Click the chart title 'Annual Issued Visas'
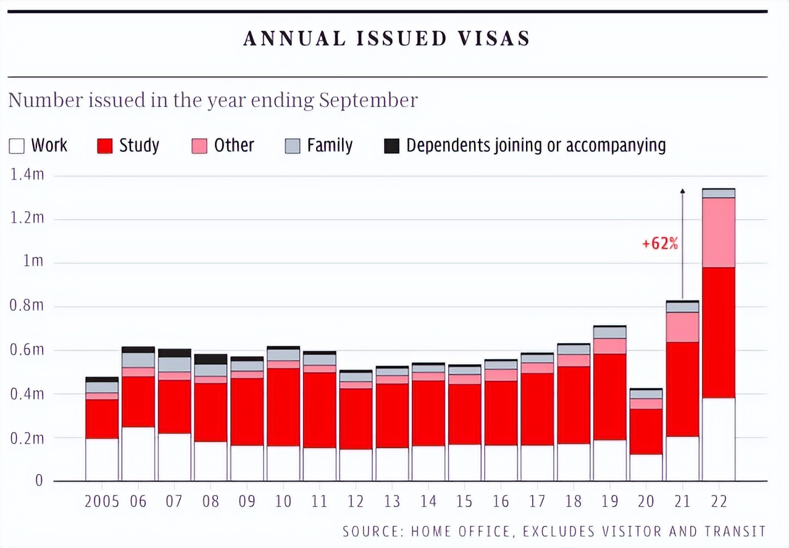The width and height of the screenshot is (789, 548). [x=386, y=39]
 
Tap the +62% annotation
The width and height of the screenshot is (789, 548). [x=660, y=244]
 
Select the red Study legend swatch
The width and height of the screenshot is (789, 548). [x=105, y=146]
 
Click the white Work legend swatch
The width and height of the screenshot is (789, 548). [x=17, y=146]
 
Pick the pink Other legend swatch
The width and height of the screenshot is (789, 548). [x=199, y=146]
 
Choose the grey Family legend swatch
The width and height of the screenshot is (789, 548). [x=293, y=146]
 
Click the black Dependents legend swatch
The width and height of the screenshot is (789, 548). [x=391, y=146]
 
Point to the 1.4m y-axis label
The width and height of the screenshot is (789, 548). [x=27, y=175]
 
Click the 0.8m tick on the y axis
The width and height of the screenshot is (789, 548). [x=27, y=306]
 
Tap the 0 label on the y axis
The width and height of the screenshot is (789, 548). [x=39, y=481]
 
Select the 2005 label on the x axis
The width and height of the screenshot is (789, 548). [x=101, y=501]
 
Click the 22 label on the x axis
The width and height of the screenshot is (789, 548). [x=719, y=501]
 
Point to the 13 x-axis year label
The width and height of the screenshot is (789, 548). [x=392, y=501]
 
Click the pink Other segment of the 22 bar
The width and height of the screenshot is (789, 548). [x=719, y=232]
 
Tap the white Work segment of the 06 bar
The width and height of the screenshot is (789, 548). [x=138, y=454]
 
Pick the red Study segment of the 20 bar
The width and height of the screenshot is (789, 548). [x=646, y=431]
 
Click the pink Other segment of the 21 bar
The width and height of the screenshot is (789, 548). [x=682, y=327]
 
